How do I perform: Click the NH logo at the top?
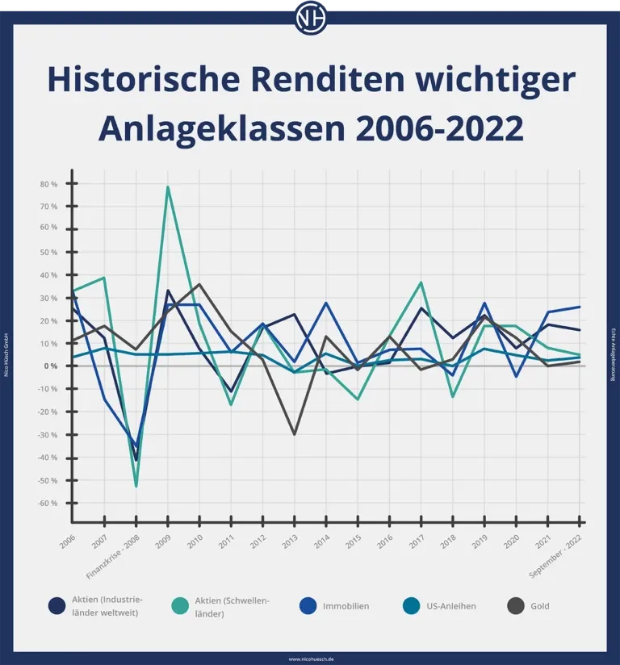click(x=310, y=18)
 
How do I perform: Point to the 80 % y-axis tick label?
click(x=48, y=184)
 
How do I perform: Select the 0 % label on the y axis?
click(x=51, y=366)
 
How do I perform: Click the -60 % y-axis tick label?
click(x=48, y=504)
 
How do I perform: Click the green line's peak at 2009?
click(x=168, y=187)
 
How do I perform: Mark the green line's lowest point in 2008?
click(x=136, y=486)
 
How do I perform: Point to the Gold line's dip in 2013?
click(x=295, y=434)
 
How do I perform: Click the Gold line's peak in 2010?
click(x=199, y=284)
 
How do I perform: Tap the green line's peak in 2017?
click(x=421, y=282)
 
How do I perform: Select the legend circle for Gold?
click(x=517, y=606)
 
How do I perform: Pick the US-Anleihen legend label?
click(x=451, y=606)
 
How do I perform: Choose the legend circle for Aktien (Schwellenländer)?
click(x=183, y=606)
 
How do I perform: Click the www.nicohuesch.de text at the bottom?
click(x=310, y=659)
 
